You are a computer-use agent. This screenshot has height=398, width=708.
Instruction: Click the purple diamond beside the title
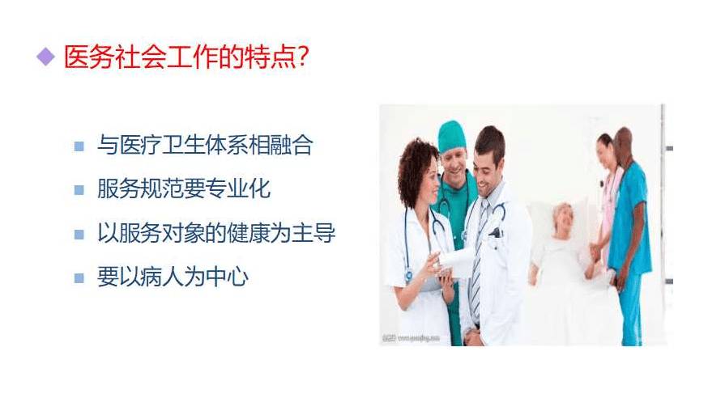pos(45,57)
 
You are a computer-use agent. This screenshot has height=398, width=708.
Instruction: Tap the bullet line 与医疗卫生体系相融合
pos(205,145)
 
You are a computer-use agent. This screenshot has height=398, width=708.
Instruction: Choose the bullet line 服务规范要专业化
pos(184,188)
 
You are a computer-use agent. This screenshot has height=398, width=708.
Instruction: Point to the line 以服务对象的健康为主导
pos(216,233)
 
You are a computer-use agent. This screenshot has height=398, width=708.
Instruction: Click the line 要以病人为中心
pos(173,277)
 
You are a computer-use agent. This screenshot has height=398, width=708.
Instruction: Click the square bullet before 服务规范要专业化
pos(79,190)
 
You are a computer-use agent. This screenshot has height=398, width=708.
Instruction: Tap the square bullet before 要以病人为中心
pos(79,278)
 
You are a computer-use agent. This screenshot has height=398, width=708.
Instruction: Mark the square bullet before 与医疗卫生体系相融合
pos(79,146)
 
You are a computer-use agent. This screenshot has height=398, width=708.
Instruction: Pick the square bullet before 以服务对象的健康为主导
pos(79,235)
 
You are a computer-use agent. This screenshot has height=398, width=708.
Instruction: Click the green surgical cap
pos(451,136)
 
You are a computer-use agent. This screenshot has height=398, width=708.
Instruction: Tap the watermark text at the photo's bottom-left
pos(411,337)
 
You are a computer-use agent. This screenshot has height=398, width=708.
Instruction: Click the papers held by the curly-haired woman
pos(456,261)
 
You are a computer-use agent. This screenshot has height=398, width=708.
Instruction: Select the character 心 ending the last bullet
pos(237,277)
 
